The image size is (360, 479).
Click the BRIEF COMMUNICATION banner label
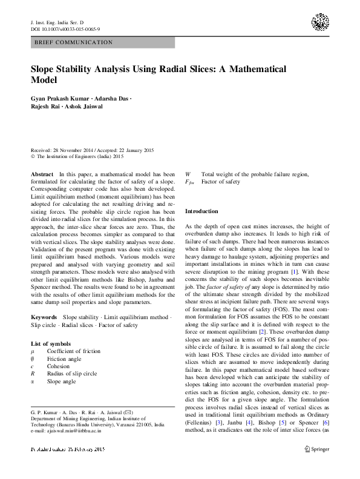point(74,42)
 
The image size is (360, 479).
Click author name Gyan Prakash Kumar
point(57,98)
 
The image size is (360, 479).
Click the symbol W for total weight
point(188,174)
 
